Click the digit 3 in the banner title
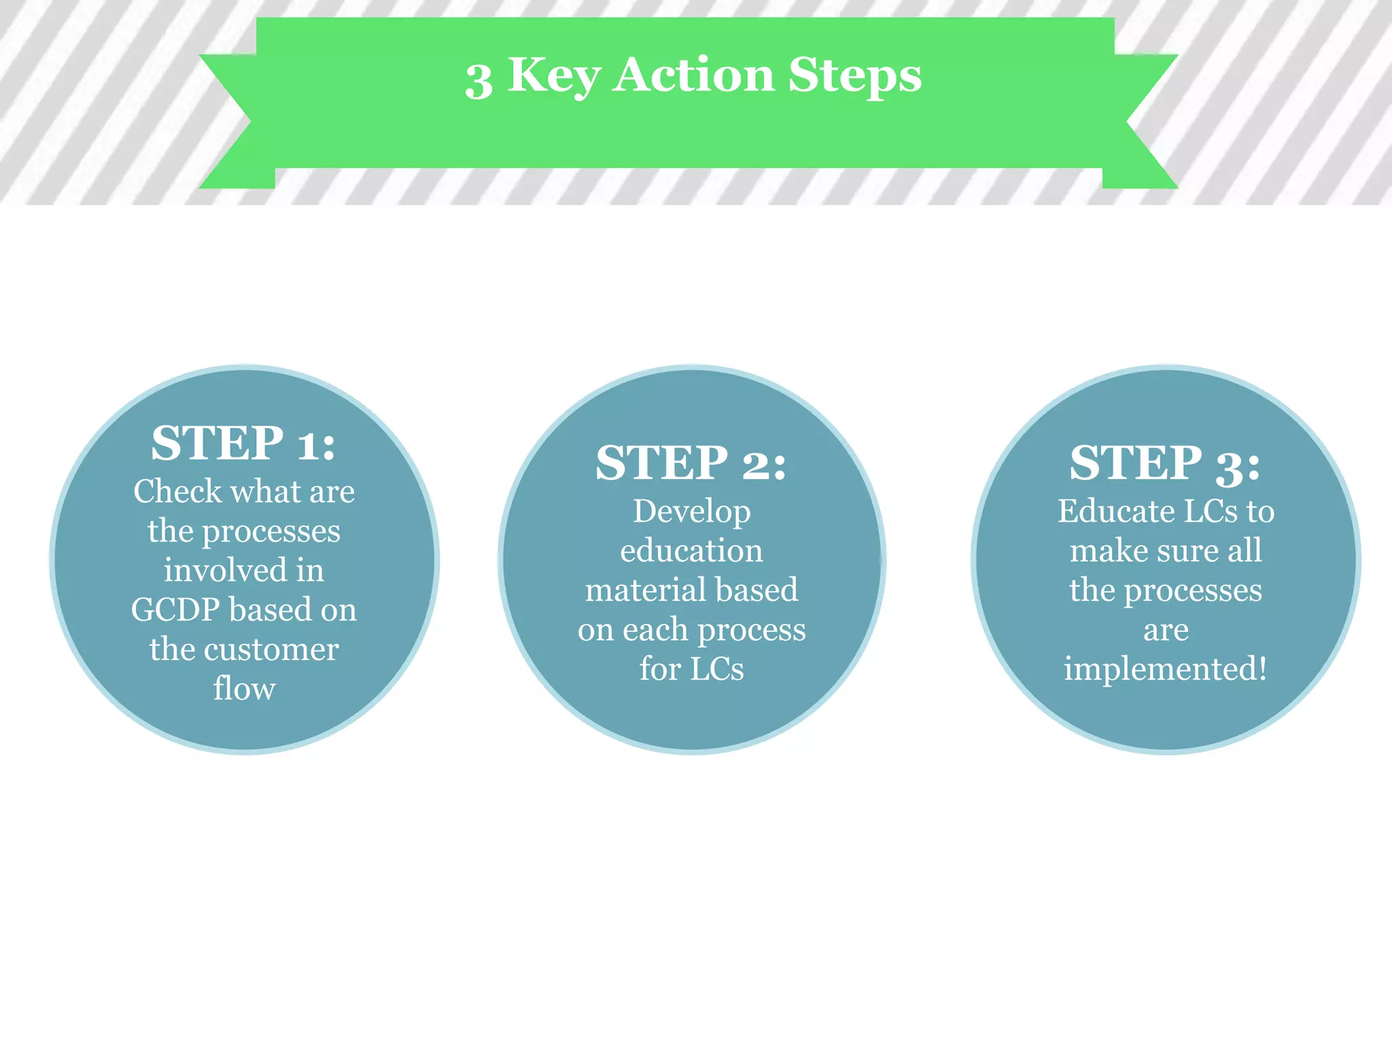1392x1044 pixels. coord(478,80)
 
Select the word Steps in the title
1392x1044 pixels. coord(854,76)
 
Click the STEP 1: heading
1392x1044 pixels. coord(243,443)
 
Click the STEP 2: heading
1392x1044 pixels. coord(691,463)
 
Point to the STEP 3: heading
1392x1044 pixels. coord(1164,463)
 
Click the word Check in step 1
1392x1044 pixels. coord(177,491)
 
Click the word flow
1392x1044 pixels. coord(244,689)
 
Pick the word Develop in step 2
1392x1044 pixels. coord(692,512)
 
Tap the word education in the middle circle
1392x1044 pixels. coord(691,551)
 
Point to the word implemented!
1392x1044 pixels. coord(1165,669)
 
